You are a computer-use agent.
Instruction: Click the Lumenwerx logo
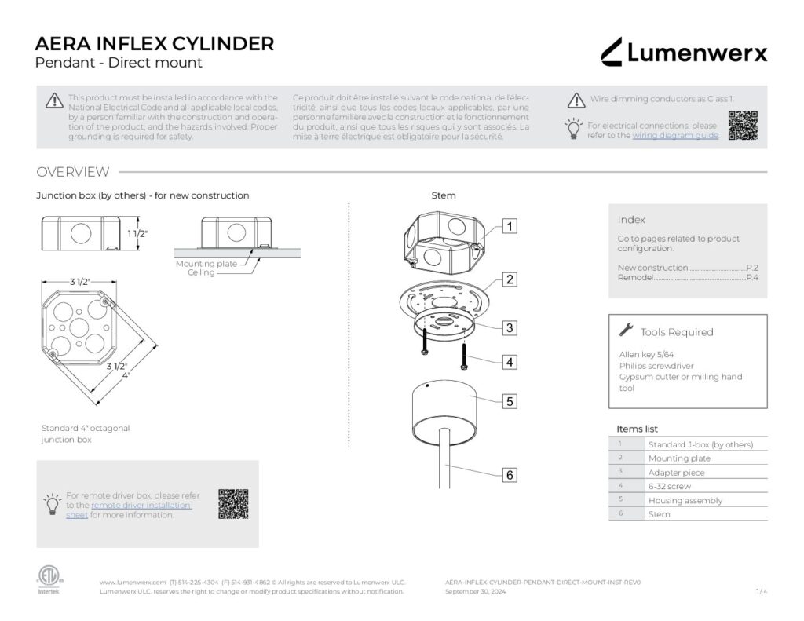click(x=684, y=53)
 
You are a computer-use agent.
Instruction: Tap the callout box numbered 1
click(x=510, y=226)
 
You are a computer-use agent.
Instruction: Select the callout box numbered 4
click(x=510, y=362)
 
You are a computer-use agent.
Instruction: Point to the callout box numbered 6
click(x=510, y=475)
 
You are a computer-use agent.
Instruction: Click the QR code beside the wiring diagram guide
click(x=743, y=126)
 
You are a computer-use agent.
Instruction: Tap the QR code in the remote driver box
click(x=233, y=504)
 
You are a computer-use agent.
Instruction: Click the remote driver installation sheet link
click(x=141, y=506)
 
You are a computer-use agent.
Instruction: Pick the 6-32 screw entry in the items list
click(x=670, y=487)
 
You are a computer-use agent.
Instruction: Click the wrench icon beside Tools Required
click(x=626, y=331)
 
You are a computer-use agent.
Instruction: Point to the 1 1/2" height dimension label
click(x=137, y=234)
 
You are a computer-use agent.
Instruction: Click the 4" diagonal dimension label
click(x=126, y=375)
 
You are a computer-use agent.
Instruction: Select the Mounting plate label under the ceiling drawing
click(x=206, y=264)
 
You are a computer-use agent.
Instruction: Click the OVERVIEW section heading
click(x=73, y=172)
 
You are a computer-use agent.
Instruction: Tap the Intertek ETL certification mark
click(x=48, y=577)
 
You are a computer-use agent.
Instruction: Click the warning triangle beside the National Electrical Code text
click(x=54, y=100)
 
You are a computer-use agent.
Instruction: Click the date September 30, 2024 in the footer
click(x=476, y=592)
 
